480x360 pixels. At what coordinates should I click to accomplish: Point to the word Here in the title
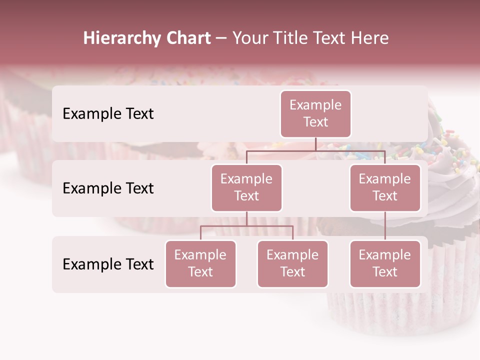pos(371,38)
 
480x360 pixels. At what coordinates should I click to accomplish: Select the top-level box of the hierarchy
pos(315,113)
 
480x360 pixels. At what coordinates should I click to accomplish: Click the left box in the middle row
pos(246,187)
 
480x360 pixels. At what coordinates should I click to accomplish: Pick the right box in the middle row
pos(385,187)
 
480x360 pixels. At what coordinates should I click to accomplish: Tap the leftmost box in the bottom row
pos(200,263)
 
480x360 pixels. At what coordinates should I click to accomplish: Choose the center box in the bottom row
pos(292,263)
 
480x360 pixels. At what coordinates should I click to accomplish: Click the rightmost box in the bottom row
pos(385,263)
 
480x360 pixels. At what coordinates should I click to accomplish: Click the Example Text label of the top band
pos(108,113)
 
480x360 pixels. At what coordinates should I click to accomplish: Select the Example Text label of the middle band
pos(108,188)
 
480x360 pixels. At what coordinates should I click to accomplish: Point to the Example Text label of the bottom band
pos(108,264)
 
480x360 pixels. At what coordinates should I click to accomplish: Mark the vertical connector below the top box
pos(315,144)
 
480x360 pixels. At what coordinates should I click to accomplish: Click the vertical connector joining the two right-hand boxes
pos(385,226)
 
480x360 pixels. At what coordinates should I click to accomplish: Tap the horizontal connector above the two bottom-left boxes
pos(246,226)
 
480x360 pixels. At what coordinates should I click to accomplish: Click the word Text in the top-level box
pos(315,122)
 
